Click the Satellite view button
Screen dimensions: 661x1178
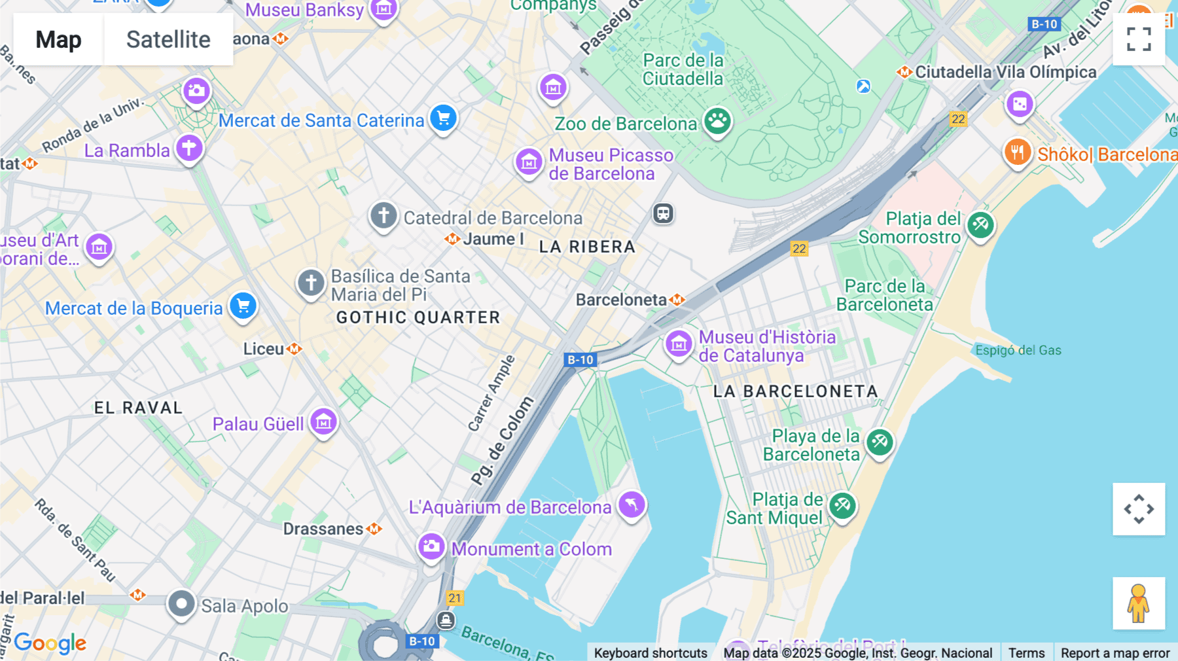[x=168, y=39]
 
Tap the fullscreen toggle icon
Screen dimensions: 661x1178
[x=1139, y=39]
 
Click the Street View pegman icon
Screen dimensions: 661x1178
[x=1138, y=603]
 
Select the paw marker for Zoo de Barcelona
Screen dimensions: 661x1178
[x=717, y=120]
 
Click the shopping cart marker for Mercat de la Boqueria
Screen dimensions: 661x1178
[x=243, y=306]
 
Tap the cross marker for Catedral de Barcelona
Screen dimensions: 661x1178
[x=384, y=215]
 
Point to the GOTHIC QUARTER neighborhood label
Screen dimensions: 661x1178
[x=418, y=317]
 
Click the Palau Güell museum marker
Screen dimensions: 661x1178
[x=323, y=421]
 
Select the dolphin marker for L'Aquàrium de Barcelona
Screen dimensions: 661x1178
[x=632, y=504]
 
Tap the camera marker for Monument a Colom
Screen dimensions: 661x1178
[x=431, y=546]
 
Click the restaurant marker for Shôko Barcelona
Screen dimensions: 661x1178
[x=1017, y=152]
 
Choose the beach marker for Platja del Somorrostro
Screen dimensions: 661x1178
[x=980, y=225]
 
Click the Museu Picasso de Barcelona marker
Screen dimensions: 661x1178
[x=529, y=161]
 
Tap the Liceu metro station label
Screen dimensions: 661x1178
[x=264, y=349]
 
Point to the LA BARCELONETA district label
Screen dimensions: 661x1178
[x=795, y=391]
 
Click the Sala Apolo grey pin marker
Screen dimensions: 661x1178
[x=181, y=603]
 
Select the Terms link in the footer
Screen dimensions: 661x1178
[x=1026, y=652]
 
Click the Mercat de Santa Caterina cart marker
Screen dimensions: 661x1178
[x=443, y=118]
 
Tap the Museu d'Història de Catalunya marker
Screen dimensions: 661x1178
[x=679, y=343]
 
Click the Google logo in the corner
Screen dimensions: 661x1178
[x=50, y=643]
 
